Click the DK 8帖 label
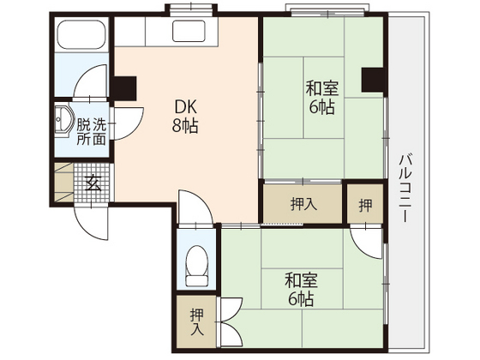[x=187, y=116]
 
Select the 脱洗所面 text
[x=92, y=131]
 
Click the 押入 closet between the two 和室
[x=301, y=204]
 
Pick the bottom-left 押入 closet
[x=197, y=322]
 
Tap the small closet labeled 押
[x=365, y=205]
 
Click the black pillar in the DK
[x=124, y=87]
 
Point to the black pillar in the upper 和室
[x=373, y=79]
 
